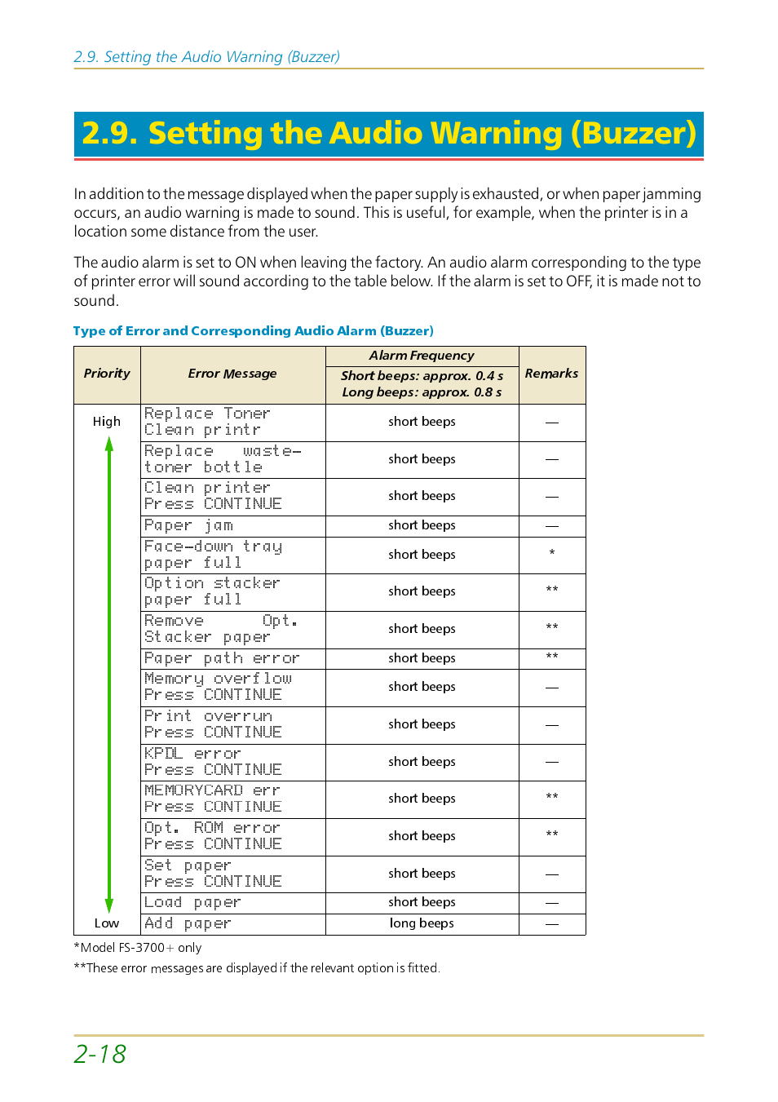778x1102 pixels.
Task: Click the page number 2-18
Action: tap(100, 1054)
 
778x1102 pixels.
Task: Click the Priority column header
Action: tap(107, 374)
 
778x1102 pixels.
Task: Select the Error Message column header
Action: tap(232, 374)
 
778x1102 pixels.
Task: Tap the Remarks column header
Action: tap(551, 374)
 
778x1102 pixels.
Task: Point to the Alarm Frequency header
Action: tap(422, 356)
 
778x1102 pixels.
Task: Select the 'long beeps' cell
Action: tap(422, 923)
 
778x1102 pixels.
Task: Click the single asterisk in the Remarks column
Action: tap(552, 553)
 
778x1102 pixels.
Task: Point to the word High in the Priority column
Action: tap(107, 422)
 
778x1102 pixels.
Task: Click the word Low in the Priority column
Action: tap(107, 923)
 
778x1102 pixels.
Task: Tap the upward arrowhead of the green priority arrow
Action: tap(109, 444)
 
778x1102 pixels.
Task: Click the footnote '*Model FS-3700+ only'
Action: tap(138, 948)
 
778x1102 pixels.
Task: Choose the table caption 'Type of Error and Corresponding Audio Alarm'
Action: tap(253, 331)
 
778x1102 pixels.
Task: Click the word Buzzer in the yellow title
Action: tap(633, 133)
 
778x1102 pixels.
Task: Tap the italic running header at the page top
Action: tap(207, 57)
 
